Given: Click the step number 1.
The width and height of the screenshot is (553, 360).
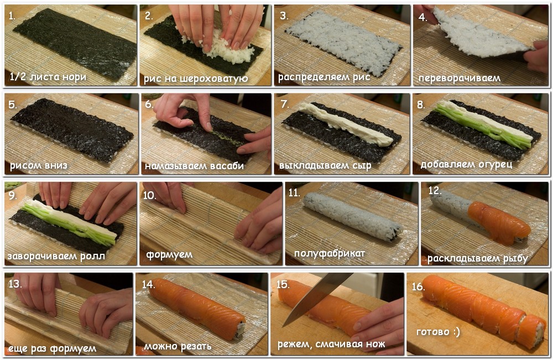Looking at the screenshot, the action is (x=12, y=16).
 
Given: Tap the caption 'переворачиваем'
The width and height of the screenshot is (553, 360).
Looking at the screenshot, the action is (x=459, y=78).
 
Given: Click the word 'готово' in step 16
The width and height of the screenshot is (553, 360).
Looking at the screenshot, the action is (x=433, y=332).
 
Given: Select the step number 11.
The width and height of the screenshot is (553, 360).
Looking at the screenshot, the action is (x=294, y=192).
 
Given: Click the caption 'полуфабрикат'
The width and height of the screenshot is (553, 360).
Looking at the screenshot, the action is (x=330, y=253).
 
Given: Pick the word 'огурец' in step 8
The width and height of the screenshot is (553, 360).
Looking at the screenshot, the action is (x=495, y=165).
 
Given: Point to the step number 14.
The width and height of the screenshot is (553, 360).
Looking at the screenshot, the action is (x=148, y=284).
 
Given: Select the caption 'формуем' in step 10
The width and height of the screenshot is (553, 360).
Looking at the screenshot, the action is (x=169, y=254).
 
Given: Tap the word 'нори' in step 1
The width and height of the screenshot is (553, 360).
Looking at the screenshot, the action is (x=75, y=76).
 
